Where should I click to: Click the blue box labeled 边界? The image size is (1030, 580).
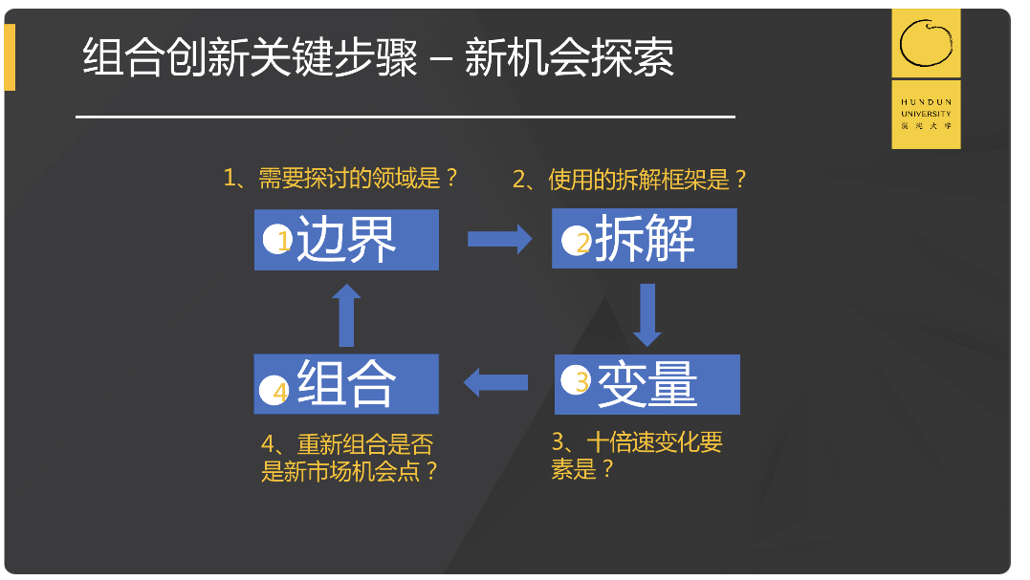[346, 240]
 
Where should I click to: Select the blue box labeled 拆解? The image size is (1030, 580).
[645, 239]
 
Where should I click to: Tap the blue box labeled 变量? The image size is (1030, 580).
[647, 384]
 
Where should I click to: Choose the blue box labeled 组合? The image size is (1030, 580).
[346, 384]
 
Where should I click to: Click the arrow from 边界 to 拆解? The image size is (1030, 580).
[498, 239]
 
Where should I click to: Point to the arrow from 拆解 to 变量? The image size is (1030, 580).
[647, 314]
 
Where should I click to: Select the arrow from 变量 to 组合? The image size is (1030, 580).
[496, 383]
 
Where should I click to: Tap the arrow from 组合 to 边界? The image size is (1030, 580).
[346, 315]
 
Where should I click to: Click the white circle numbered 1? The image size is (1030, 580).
[277, 240]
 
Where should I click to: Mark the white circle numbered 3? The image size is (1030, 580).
[577, 381]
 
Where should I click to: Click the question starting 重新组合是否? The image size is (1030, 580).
[349, 458]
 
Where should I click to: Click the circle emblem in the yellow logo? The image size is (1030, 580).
[926, 46]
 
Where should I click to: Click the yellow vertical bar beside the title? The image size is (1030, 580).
[10, 57]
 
